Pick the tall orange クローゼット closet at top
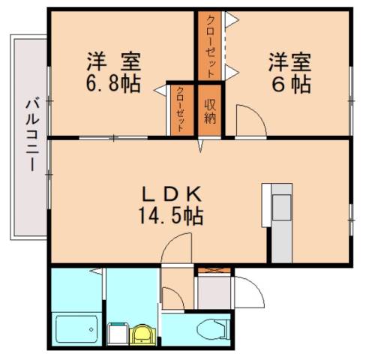tap(211, 46)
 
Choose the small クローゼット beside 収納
tap(181, 110)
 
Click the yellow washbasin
tap(142, 334)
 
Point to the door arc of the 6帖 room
tap(247, 120)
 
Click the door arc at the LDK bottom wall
tap(176, 247)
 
